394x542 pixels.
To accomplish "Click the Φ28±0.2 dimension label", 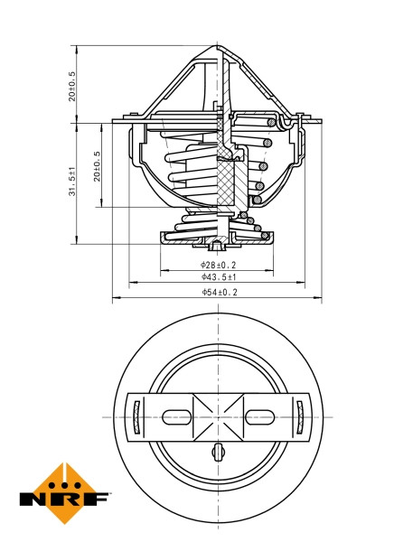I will point(218,265).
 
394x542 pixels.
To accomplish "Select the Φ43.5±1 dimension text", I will point(218,278).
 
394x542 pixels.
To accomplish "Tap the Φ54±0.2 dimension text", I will point(218,292).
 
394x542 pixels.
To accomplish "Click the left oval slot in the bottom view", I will point(175,416).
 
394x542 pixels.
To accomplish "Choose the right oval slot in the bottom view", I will point(259,416).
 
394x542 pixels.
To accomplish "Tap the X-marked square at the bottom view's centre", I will point(218,416).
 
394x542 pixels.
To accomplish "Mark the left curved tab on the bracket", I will point(136,416).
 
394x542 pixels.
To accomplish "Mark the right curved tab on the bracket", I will point(299,416).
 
